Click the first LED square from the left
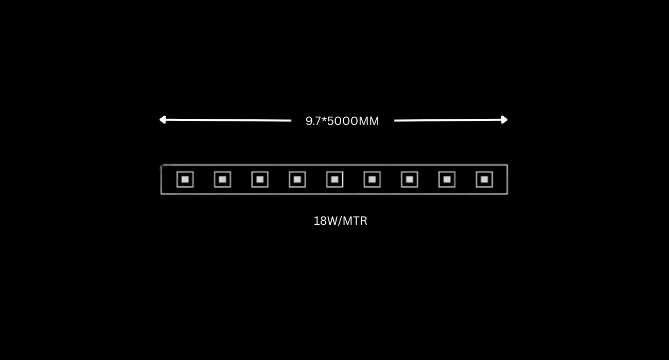point(185,179)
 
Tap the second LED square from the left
point(222,179)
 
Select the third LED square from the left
point(260,179)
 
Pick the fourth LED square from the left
point(297,179)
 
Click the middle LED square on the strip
point(334,179)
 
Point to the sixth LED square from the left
point(372,179)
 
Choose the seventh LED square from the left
point(410,179)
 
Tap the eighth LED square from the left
point(447,179)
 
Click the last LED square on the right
point(484,179)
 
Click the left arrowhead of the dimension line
point(163,120)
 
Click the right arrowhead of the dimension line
point(504,120)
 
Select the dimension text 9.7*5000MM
point(342,121)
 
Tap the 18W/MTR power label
point(340,221)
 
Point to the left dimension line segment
point(225,120)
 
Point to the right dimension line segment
point(451,120)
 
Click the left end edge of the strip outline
point(161,179)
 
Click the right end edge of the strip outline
point(507,179)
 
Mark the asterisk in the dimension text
point(324,119)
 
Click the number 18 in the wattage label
point(320,221)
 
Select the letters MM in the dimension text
point(368,121)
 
